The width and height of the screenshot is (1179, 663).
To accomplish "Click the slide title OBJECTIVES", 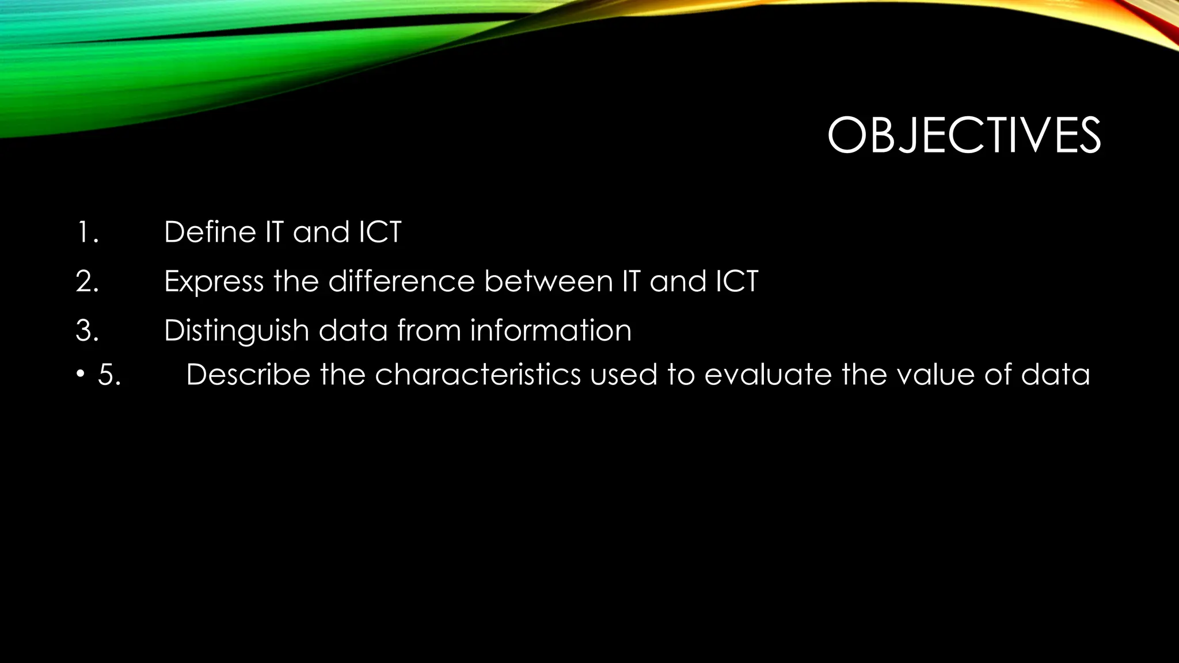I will (x=964, y=136).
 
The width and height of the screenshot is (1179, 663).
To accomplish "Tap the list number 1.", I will (x=87, y=233).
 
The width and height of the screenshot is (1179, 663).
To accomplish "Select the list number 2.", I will (x=87, y=282).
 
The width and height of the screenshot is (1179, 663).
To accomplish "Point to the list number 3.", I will (x=87, y=331).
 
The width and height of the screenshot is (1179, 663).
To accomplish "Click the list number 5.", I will (x=109, y=375).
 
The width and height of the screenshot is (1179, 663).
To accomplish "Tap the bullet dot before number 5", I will (x=80, y=375).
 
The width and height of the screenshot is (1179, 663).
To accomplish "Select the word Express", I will (x=214, y=282).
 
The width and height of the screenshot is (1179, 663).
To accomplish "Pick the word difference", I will (x=401, y=282).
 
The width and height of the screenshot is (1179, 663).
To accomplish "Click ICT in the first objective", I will (x=380, y=233).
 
